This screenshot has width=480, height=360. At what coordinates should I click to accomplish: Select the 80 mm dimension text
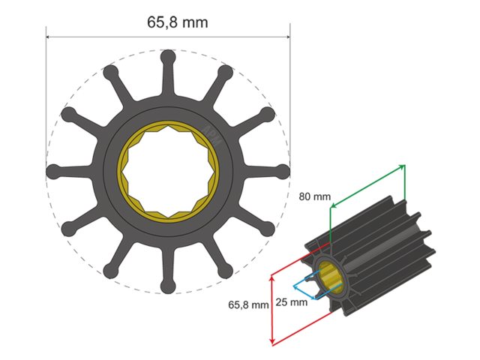click(315, 196)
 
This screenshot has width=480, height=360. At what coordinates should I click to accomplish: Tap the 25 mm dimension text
click(292, 302)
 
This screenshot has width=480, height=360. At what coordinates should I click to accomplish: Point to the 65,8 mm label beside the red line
click(248, 305)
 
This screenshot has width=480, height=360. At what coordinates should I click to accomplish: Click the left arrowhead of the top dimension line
click(49, 36)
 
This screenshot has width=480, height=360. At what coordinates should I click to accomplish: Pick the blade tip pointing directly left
click(53, 171)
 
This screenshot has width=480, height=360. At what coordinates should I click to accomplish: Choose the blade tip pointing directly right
click(283, 171)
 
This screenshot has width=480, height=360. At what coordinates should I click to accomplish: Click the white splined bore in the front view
click(168, 171)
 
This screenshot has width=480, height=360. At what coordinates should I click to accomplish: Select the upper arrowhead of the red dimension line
click(271, 277)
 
